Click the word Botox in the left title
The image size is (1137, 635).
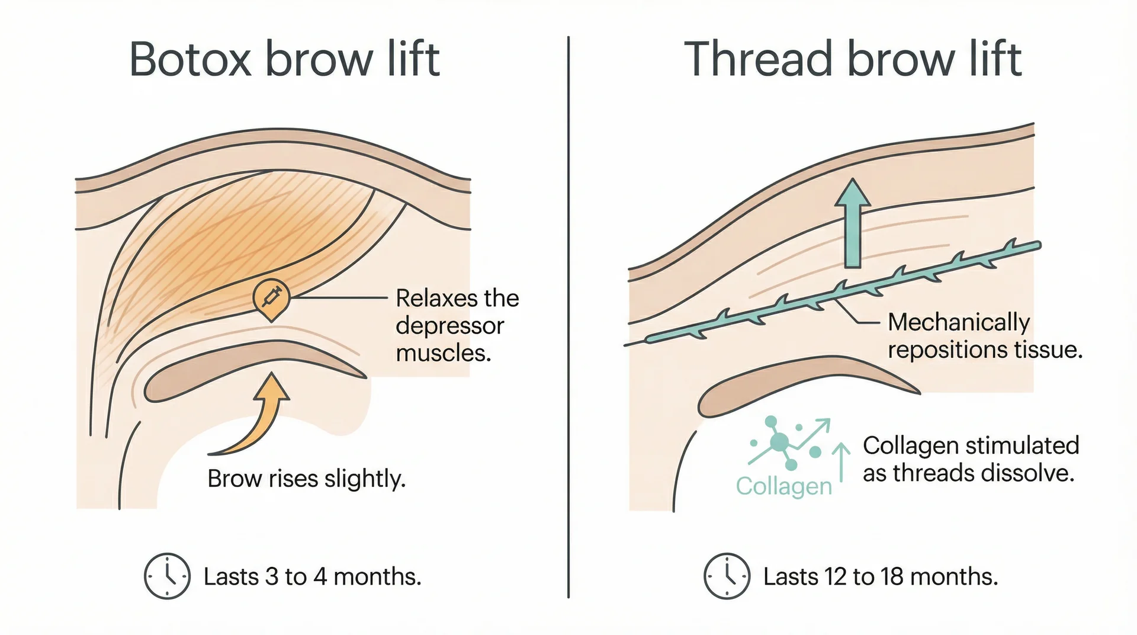point(191,59)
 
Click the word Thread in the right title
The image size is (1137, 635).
point(759,59)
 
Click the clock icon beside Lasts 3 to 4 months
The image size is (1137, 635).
point(167,576)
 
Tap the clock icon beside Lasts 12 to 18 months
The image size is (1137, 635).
point(727,576)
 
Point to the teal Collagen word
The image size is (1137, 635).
point(783,486)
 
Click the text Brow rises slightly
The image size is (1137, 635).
point(306,479)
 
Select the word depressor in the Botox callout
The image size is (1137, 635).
point(449,326)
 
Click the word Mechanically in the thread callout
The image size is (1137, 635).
point(959,322)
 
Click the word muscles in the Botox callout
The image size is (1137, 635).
point(443,354)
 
